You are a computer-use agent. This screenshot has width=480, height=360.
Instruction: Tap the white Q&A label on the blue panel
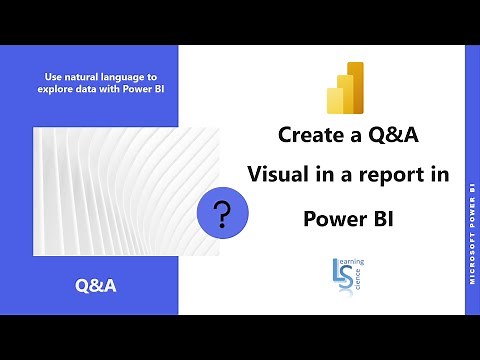point(95,286)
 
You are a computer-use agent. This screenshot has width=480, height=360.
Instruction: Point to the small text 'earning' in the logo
point(355,263)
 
